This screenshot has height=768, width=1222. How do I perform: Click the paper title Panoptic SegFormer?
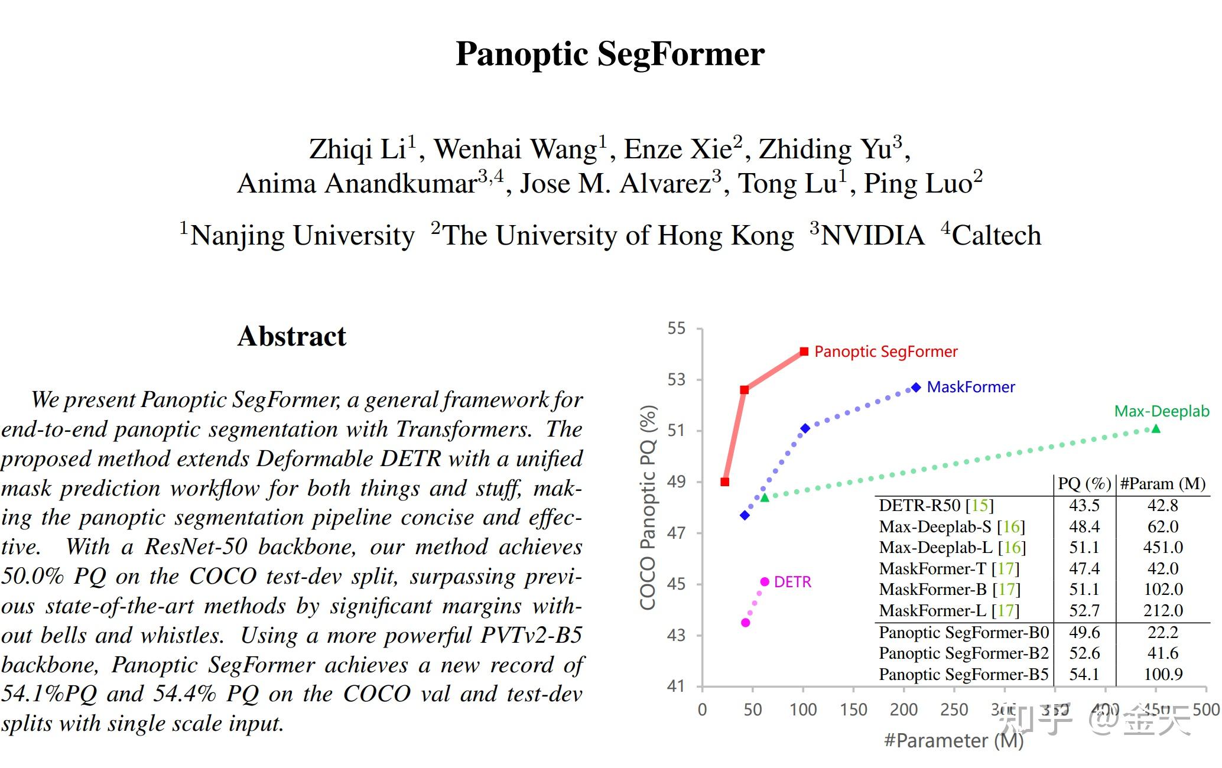coord(610,54)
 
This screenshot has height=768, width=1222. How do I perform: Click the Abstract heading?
coord(291,336)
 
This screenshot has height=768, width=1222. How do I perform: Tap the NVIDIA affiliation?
coord(872,235)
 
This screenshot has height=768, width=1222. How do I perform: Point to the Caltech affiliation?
coord(996,235)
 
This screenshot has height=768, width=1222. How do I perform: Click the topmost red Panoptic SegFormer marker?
coord(804,352)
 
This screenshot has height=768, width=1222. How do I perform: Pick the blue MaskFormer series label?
coord(970,387)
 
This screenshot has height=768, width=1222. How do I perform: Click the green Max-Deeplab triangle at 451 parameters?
coord(1156,428)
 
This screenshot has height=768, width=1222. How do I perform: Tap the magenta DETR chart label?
coord(792,582)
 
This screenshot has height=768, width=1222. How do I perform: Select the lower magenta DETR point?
coord(745,623)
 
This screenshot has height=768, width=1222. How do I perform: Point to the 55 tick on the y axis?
coord(677,328)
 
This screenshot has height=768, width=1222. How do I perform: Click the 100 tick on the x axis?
coord(803,710)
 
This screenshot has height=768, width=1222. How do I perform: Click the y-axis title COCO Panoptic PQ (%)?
coord(648,507)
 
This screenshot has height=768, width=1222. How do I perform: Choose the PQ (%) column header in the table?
coord(1084,484)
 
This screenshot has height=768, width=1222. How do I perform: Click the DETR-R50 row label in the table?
coord(936,506)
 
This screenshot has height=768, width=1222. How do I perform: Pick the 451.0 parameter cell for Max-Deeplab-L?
coord(1162,547)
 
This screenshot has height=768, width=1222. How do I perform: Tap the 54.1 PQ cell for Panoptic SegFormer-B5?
coord(1084,674)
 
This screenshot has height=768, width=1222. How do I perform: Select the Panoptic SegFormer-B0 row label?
coord(963,633)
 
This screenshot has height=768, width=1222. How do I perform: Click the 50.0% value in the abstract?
coord(32,576)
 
